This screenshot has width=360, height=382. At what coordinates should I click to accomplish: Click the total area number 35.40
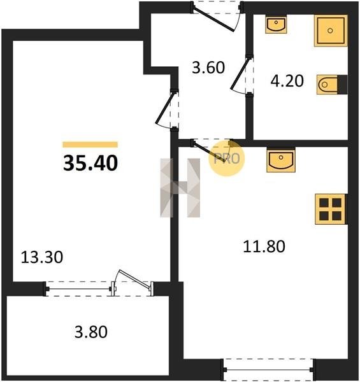[90, 163]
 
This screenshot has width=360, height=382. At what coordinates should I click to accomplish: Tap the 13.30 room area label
[42, 257]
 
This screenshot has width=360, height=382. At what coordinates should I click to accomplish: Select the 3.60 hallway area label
[208, 67]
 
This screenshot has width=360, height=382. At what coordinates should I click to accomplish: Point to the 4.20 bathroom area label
[287, 81]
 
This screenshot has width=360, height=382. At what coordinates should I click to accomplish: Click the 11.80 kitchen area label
[264, 246]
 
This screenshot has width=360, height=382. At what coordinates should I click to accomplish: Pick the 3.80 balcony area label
[91, 332]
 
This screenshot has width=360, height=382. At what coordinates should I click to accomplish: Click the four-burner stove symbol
[330, 209]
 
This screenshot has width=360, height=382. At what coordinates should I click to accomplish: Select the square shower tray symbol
[331, 31]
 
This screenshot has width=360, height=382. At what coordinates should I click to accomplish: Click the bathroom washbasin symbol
[276, 24]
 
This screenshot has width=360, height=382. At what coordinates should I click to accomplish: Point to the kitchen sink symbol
[281, 160]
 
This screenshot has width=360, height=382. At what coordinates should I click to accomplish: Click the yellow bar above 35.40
[90, 145]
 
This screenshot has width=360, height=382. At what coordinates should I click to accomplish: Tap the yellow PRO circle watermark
[227, 159]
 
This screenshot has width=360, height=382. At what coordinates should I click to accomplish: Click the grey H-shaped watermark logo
[180, 188]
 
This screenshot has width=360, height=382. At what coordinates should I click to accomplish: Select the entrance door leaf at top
[213, 20]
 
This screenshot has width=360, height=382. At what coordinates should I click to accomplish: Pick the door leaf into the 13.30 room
[165, 108]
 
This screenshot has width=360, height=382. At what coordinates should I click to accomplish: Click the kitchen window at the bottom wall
[268, 369]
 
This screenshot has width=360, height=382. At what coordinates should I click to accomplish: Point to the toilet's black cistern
[342, 85]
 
